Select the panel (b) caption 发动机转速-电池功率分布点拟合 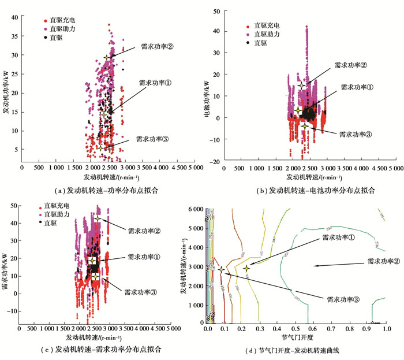[306, 189]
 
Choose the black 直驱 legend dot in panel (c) [39, 221]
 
